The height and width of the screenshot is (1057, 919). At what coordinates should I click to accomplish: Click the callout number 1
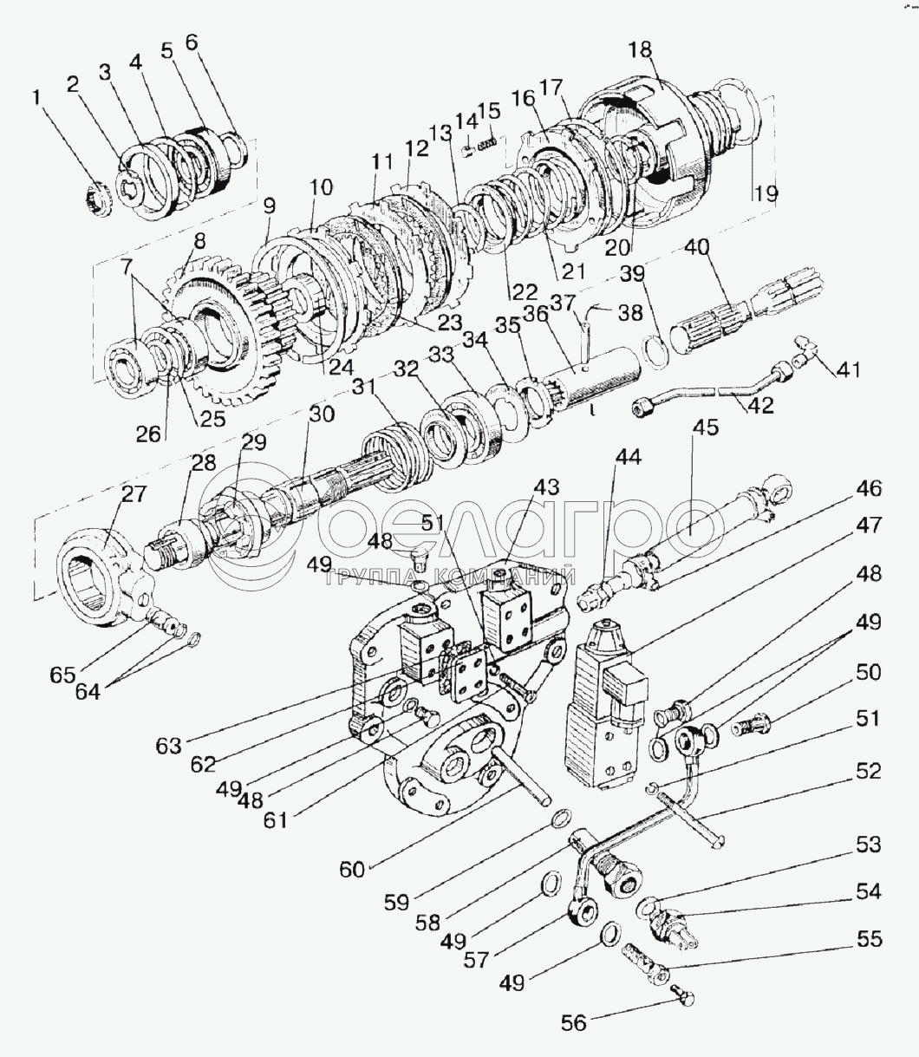[x=36, y=98]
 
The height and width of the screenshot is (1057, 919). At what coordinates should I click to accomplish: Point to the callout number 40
[x=697, y=247]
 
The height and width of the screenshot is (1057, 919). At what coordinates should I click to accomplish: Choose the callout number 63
[x=169, y=746]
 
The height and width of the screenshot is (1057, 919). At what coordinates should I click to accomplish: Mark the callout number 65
[x=63, y=675]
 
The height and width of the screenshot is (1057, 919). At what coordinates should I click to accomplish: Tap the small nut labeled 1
[x=99, y=200]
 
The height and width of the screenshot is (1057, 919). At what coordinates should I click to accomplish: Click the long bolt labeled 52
[x=692, y=815]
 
